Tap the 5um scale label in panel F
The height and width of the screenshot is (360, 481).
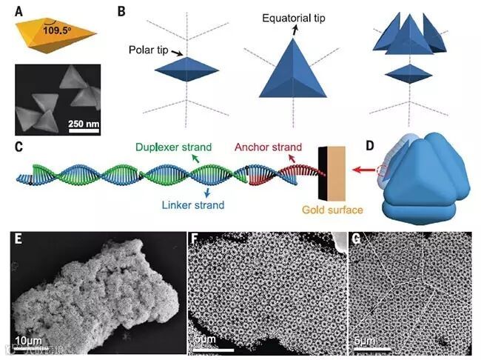pos(204,341)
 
